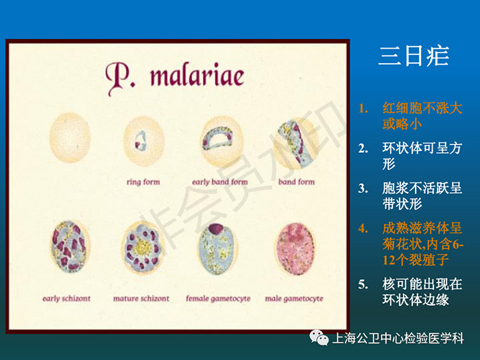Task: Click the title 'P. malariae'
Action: coord(175,77)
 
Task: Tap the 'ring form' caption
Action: coord(143,182)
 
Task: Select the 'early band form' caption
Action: coord(220,182)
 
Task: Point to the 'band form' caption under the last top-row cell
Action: coord(296,182)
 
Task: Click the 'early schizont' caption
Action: coord(67,298)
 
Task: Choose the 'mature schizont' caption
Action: coord(141,298)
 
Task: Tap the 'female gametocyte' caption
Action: coord(218,298)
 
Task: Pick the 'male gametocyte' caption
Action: coord(294,298)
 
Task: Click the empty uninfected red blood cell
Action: coord(70,137)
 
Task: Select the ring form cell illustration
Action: coord(144,141)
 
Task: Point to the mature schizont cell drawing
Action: coord(143,248)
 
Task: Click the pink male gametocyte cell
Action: coord(295,248)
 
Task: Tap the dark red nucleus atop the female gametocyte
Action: coord(217,228)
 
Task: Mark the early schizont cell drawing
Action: coord(70,246)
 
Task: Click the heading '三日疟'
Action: coord(414,56)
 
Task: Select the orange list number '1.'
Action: coord(363,108)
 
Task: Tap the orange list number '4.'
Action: coord(363,228)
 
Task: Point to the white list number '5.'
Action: coord(363,285)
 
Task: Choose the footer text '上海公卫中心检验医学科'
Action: coord(398,338)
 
